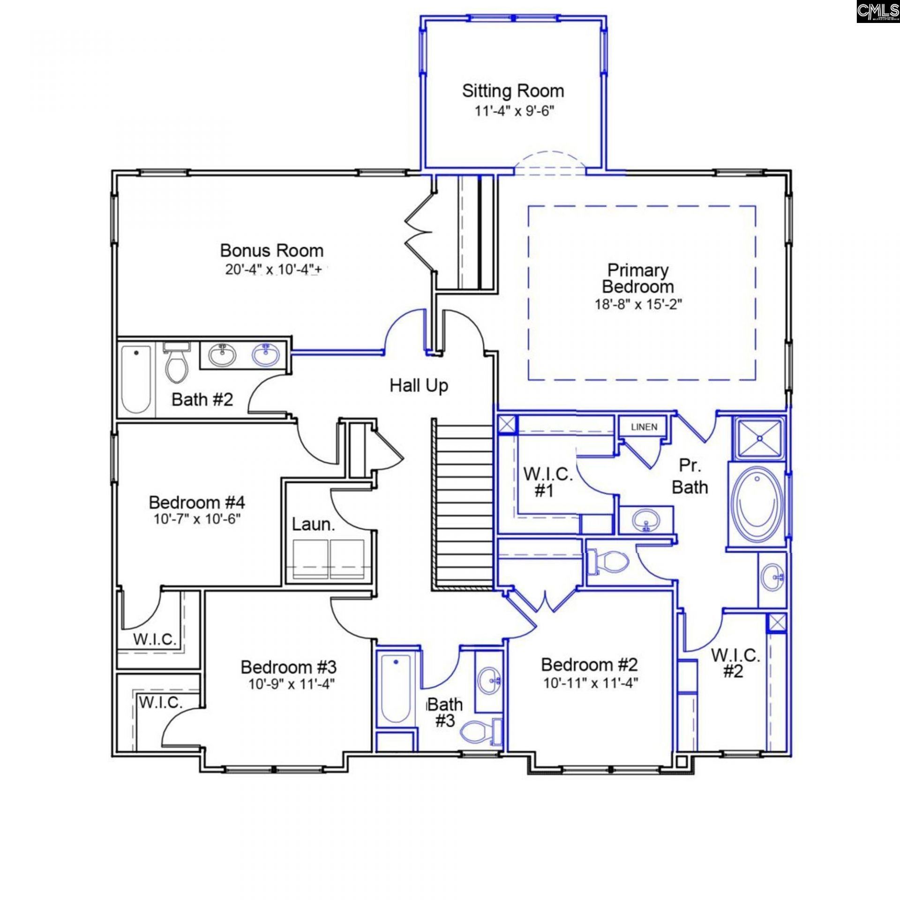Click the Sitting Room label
coord(513,90)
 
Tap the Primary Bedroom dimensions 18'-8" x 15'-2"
coord(638,304)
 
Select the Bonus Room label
coord(272,250)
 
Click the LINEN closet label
coord(644,427)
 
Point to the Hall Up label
coord(419,385)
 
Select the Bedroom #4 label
coord(197,502)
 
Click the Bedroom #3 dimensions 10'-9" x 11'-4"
coord(291,684)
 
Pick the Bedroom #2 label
coord(590,664)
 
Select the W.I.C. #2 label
coord(735,663)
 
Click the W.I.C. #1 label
coord(547,482)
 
